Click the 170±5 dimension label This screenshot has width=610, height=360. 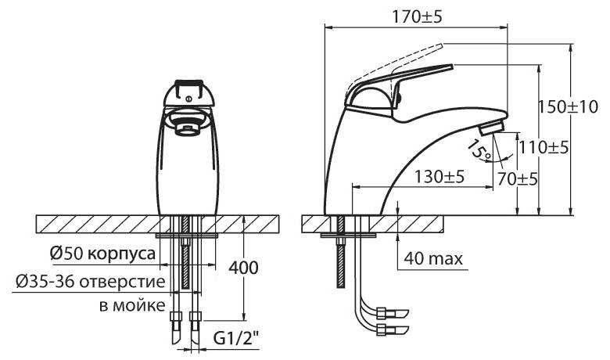[x=417, y=16]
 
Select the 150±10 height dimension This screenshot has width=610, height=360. [x=568, y=106]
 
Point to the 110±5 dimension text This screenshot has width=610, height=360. [x=544, y=148]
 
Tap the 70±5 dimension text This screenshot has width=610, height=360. [x=517, y=179]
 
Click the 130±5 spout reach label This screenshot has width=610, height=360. [x=439, y=177]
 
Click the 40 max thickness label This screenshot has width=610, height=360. [x=433, y=258]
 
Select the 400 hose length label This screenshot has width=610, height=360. [x=243, y=268]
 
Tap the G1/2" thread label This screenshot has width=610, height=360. [x=236, y=339]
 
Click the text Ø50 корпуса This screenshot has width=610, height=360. [x=102, y=254]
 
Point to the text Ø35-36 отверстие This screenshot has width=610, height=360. [x=91, y=282]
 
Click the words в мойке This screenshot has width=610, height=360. [x=132, y=305]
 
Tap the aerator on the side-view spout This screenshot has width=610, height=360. [x=491, y=128]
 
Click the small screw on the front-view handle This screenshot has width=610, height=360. [x=188, y=99]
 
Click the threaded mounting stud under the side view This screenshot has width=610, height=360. [x=340, y=252]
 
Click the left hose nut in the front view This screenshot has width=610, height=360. [x=176, y=315]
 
